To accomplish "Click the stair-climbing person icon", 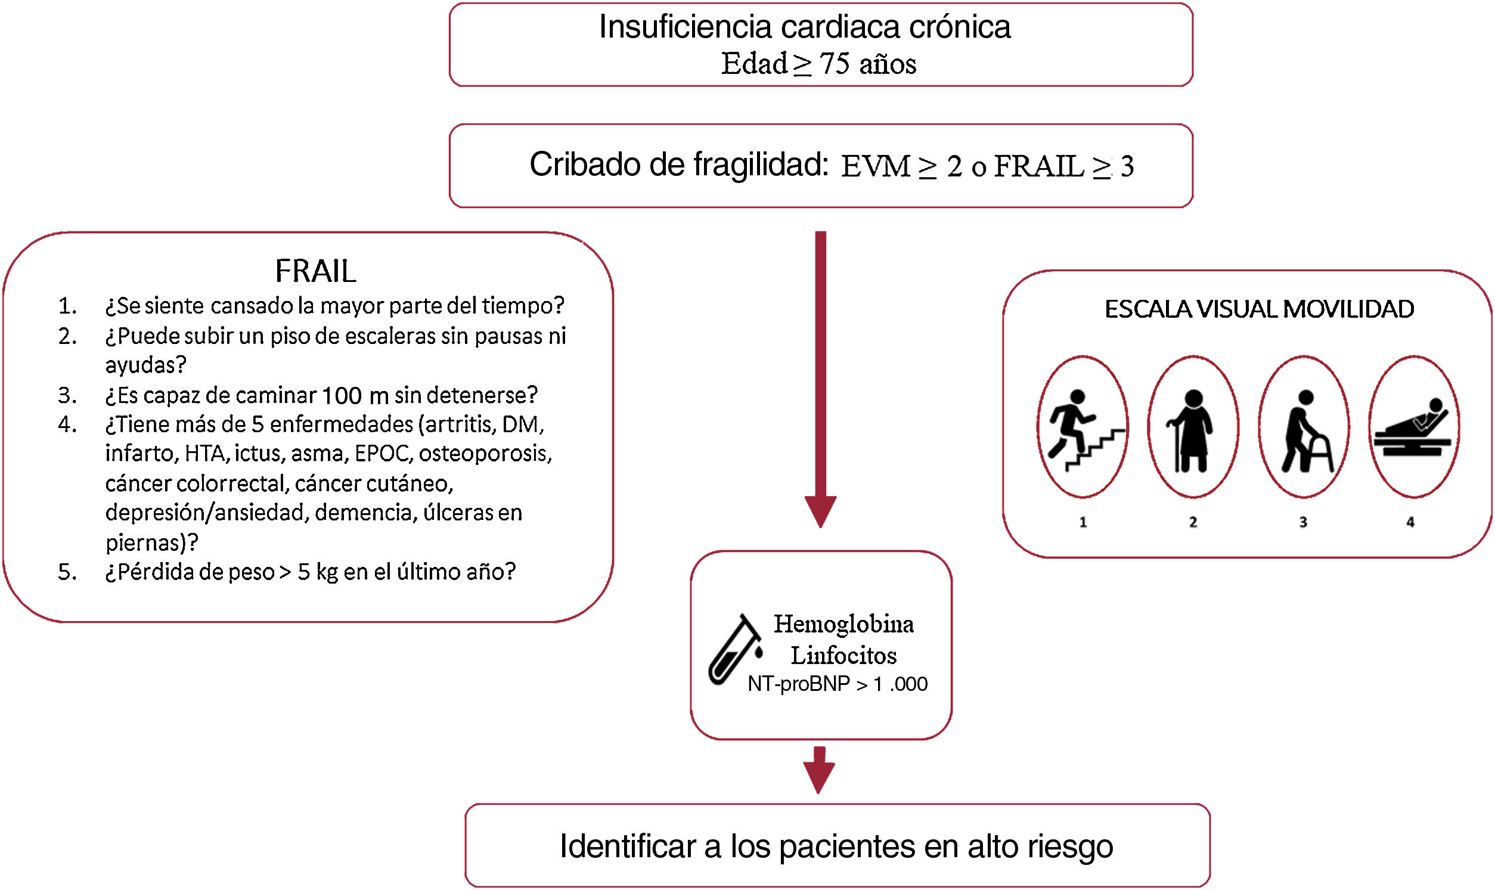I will (x=1083, y=427).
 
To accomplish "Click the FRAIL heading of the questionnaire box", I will (x=315, y=271).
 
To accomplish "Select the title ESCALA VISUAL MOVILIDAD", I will (x=1259, y=309).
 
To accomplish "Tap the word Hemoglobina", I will (x=843, y=624).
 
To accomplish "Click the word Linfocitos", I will (x=843, y=656).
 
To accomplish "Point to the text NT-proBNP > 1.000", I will (x=837, y=684).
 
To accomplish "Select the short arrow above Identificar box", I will (x=819, y=770).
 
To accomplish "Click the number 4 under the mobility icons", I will (x=1410, y=522).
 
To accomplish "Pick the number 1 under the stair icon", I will (x=1083, y=522).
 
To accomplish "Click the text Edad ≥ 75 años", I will (x=818, y=64).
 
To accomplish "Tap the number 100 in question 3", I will (x=341, y=396).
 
